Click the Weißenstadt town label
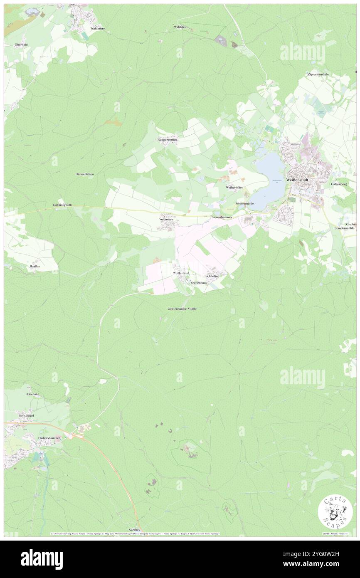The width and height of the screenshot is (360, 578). click(296, 180)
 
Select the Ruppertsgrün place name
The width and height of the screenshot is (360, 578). click(167, 140)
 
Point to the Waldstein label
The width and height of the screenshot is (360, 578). click(181, 27)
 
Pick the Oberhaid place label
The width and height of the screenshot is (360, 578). click(21, 44)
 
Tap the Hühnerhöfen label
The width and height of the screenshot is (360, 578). click(84, 174)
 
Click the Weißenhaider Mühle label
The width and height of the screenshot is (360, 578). click(182, 309)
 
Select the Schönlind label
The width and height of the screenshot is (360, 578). click(212, 276)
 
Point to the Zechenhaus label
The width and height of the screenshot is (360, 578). click(198, 282)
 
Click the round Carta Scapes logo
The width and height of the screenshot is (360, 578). click(335, 511)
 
